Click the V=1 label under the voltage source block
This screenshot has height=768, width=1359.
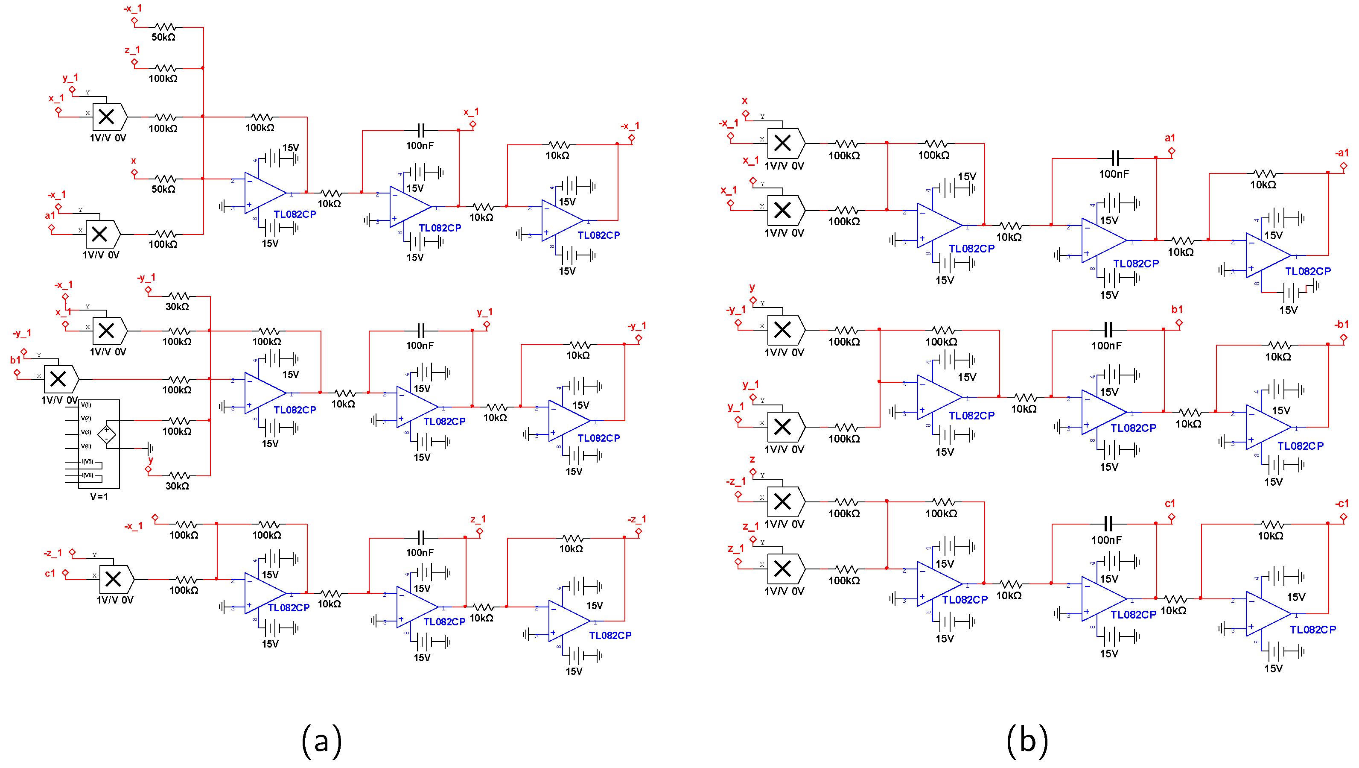click(x=99, y=497)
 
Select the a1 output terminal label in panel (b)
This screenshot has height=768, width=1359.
click(x=1169, y=138)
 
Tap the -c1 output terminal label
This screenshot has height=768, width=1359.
click(x=1342, y=504)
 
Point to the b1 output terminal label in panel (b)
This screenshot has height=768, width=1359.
click(x=1176, y=310)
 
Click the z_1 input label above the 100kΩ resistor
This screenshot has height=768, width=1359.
click(x=132, y=50)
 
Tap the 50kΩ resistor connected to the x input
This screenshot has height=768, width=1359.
click(x=165, y=179)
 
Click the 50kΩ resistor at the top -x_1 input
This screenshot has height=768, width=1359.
click(x=165, y=27)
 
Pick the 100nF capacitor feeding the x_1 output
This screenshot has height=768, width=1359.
click(x=420, y=130)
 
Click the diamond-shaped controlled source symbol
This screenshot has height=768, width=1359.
click(x=107, y=434)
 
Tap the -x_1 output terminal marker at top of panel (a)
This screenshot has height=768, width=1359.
click(x=632, y=138)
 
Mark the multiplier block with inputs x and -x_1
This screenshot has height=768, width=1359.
click(x=784, y=143)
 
